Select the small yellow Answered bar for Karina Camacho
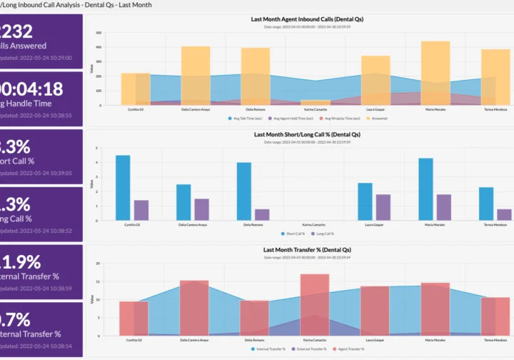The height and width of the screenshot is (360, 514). (315, 103)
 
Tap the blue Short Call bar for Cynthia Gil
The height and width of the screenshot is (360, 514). (123, 186)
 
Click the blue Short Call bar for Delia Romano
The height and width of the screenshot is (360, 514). (244, 190)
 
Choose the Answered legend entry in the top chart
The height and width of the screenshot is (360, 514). (378, 118)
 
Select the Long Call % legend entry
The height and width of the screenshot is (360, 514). (323, 234)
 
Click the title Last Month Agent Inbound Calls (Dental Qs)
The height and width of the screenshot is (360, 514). (307, 19)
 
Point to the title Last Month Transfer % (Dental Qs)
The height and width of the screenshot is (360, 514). (307, 250)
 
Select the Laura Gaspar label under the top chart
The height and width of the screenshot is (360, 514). (375, 109)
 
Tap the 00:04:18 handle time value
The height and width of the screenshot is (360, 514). (32, 89)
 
